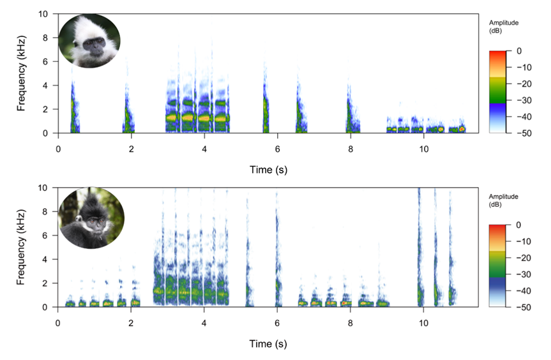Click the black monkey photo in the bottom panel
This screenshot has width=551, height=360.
pos(90,218)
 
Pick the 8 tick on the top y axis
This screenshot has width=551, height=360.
pos(44,37)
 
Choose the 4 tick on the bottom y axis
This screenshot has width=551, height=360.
pos(44,259)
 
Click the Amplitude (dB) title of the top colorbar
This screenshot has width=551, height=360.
pos(503,26)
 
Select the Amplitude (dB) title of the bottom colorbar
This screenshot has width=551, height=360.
pos(503,200)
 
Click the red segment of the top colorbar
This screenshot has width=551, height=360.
pos(498,57)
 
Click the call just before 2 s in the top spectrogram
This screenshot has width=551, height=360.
pos(128,115)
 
